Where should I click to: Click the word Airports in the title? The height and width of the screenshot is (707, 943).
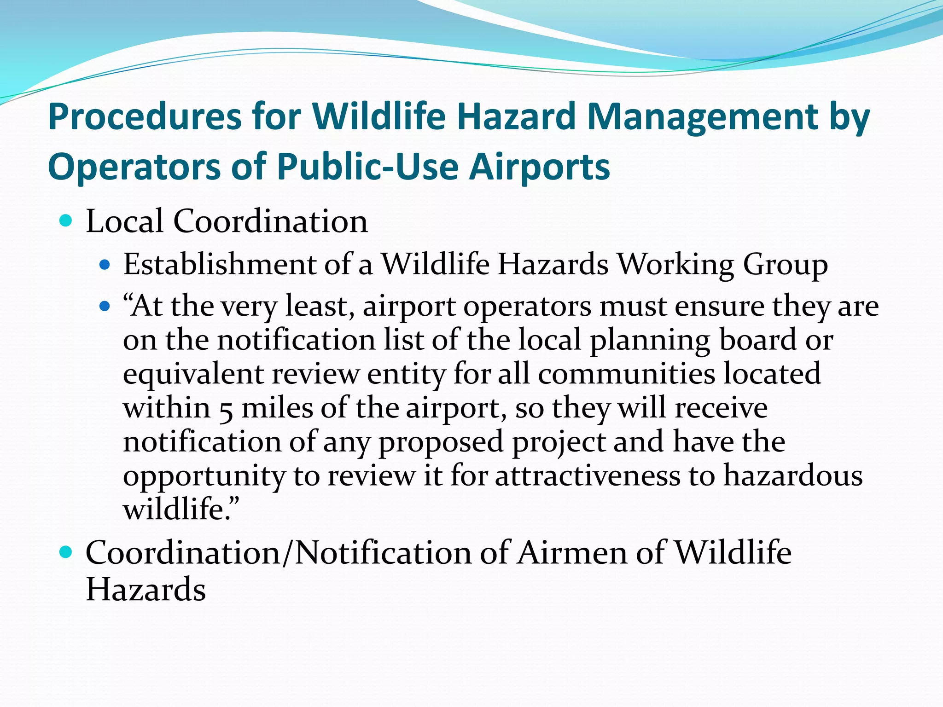539,167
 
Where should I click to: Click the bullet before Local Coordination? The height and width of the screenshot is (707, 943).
66,221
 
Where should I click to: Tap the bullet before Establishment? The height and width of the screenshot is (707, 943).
105,265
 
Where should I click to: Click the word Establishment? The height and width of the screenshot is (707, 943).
220,265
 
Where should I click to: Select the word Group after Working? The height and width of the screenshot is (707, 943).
785,266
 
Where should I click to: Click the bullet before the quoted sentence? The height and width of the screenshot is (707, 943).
105,306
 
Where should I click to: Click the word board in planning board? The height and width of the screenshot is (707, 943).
757,340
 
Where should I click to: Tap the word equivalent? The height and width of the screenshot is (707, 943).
193,374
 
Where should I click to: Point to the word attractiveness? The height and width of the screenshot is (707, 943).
587,475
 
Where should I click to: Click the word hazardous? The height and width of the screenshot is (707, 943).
792,475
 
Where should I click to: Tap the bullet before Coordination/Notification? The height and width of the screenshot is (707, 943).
66,552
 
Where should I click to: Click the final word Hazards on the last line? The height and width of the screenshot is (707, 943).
146,590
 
